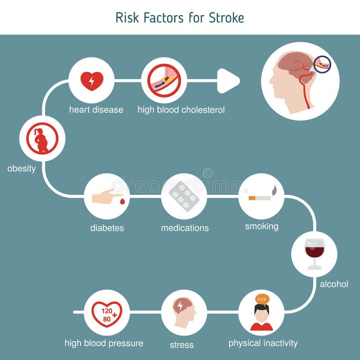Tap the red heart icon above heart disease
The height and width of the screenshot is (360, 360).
(92, 81)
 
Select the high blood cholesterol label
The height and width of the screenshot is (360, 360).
(181, 110)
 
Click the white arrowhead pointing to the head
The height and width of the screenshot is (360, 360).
(229, 81)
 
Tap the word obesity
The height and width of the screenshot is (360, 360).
(21, 169)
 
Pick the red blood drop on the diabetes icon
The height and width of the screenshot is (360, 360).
(122, 202)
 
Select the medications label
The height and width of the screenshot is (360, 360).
(184, 228)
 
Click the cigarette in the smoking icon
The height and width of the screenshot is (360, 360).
(260, 198)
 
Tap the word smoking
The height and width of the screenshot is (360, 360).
(261, 226)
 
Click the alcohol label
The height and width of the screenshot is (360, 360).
(334, 284)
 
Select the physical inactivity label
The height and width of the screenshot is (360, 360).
(263, 343)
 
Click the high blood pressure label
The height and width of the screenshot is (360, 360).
(104, 343)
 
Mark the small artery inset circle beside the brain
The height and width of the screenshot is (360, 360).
(322, 65)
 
